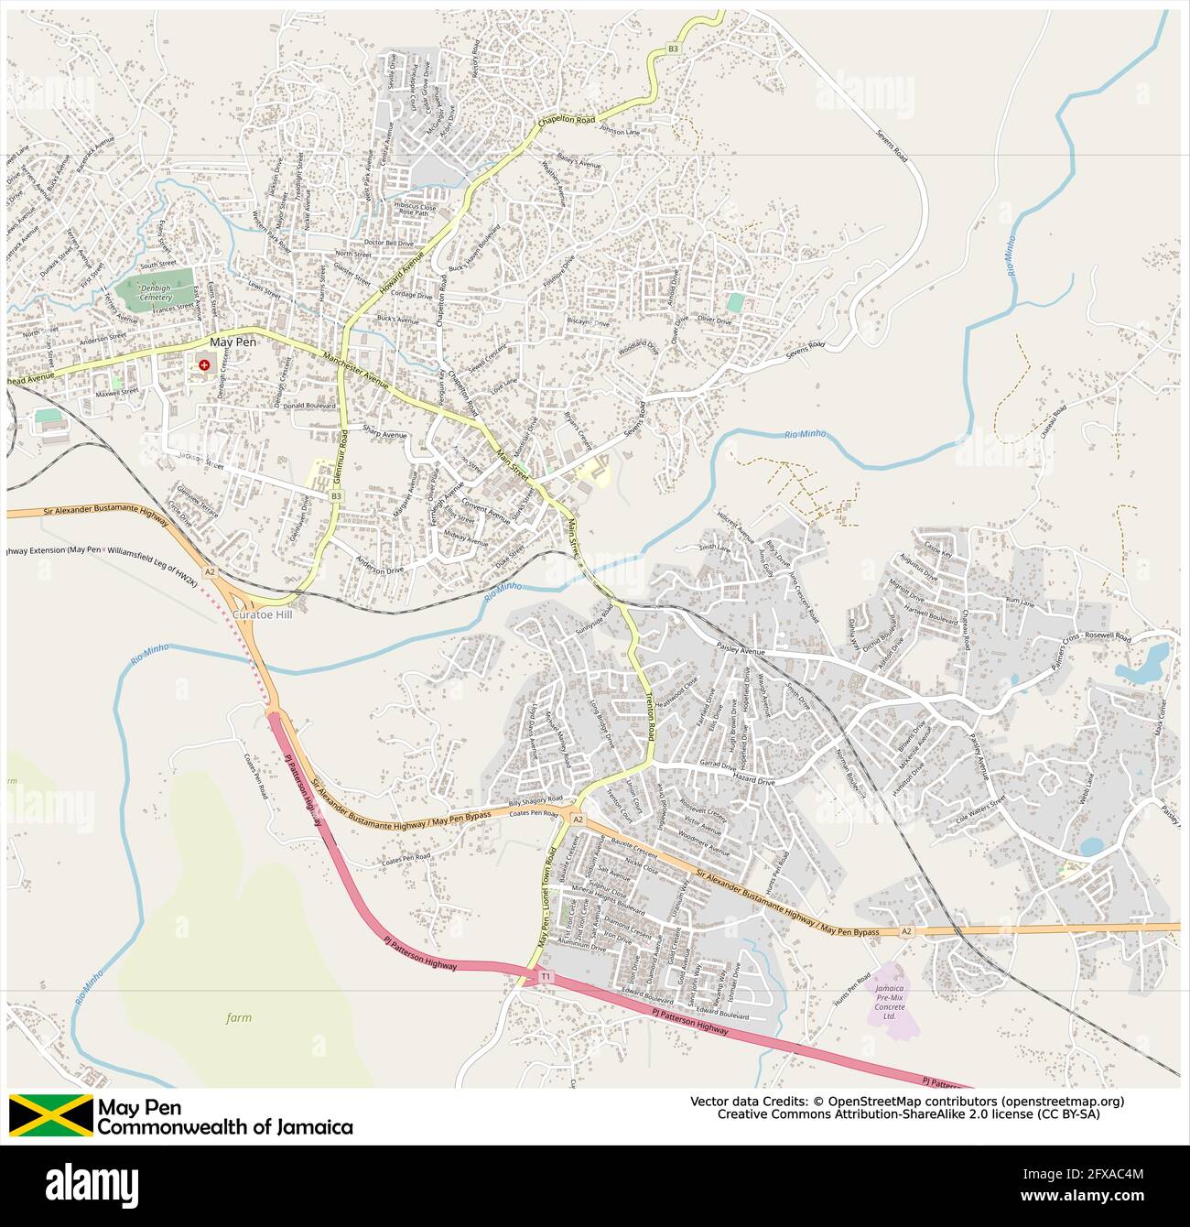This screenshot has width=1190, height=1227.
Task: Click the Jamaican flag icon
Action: tap(51, 1115)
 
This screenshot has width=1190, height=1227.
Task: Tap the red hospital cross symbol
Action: tap(203, 364)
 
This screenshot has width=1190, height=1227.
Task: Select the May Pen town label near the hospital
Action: tap(233, 342)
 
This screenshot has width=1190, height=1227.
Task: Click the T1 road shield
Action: tap(546, 977)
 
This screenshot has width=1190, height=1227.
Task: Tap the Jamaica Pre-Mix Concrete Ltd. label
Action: tap(889, 1003)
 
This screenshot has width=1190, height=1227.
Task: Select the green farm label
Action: tap(238, 1017)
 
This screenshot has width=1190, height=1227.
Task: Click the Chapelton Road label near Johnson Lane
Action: tap(567, 121)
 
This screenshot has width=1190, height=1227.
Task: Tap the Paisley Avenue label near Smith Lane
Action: tap(740, 651)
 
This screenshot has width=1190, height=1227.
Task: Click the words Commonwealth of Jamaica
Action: tap(225, 1127)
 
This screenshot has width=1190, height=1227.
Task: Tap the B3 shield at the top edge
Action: tap(674, 49)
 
